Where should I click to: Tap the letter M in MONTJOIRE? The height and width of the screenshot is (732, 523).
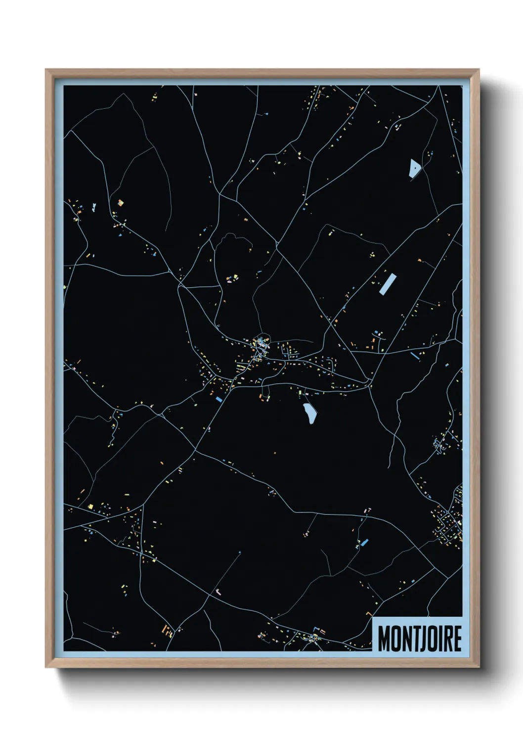[x=384, y=639]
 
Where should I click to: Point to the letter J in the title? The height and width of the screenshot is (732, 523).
[x=421, y=639]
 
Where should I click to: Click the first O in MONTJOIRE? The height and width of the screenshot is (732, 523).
[x=396, y=639]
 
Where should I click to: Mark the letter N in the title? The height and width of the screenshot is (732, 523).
[x=406, y=639]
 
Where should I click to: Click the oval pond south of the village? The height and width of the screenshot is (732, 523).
[x=309, y=413]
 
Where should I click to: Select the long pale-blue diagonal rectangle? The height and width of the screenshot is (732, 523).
[x=388, y=284]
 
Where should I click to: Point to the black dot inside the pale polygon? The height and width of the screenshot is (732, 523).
[x=416, y=168]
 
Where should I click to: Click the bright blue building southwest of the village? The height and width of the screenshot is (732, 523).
[x=218, y=399]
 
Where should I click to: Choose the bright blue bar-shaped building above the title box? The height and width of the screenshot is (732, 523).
[x=365, y=543]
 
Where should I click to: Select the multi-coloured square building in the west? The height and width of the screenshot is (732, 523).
[x=120, y=202]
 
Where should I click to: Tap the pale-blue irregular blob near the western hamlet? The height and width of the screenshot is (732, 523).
[x=93, y=207]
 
